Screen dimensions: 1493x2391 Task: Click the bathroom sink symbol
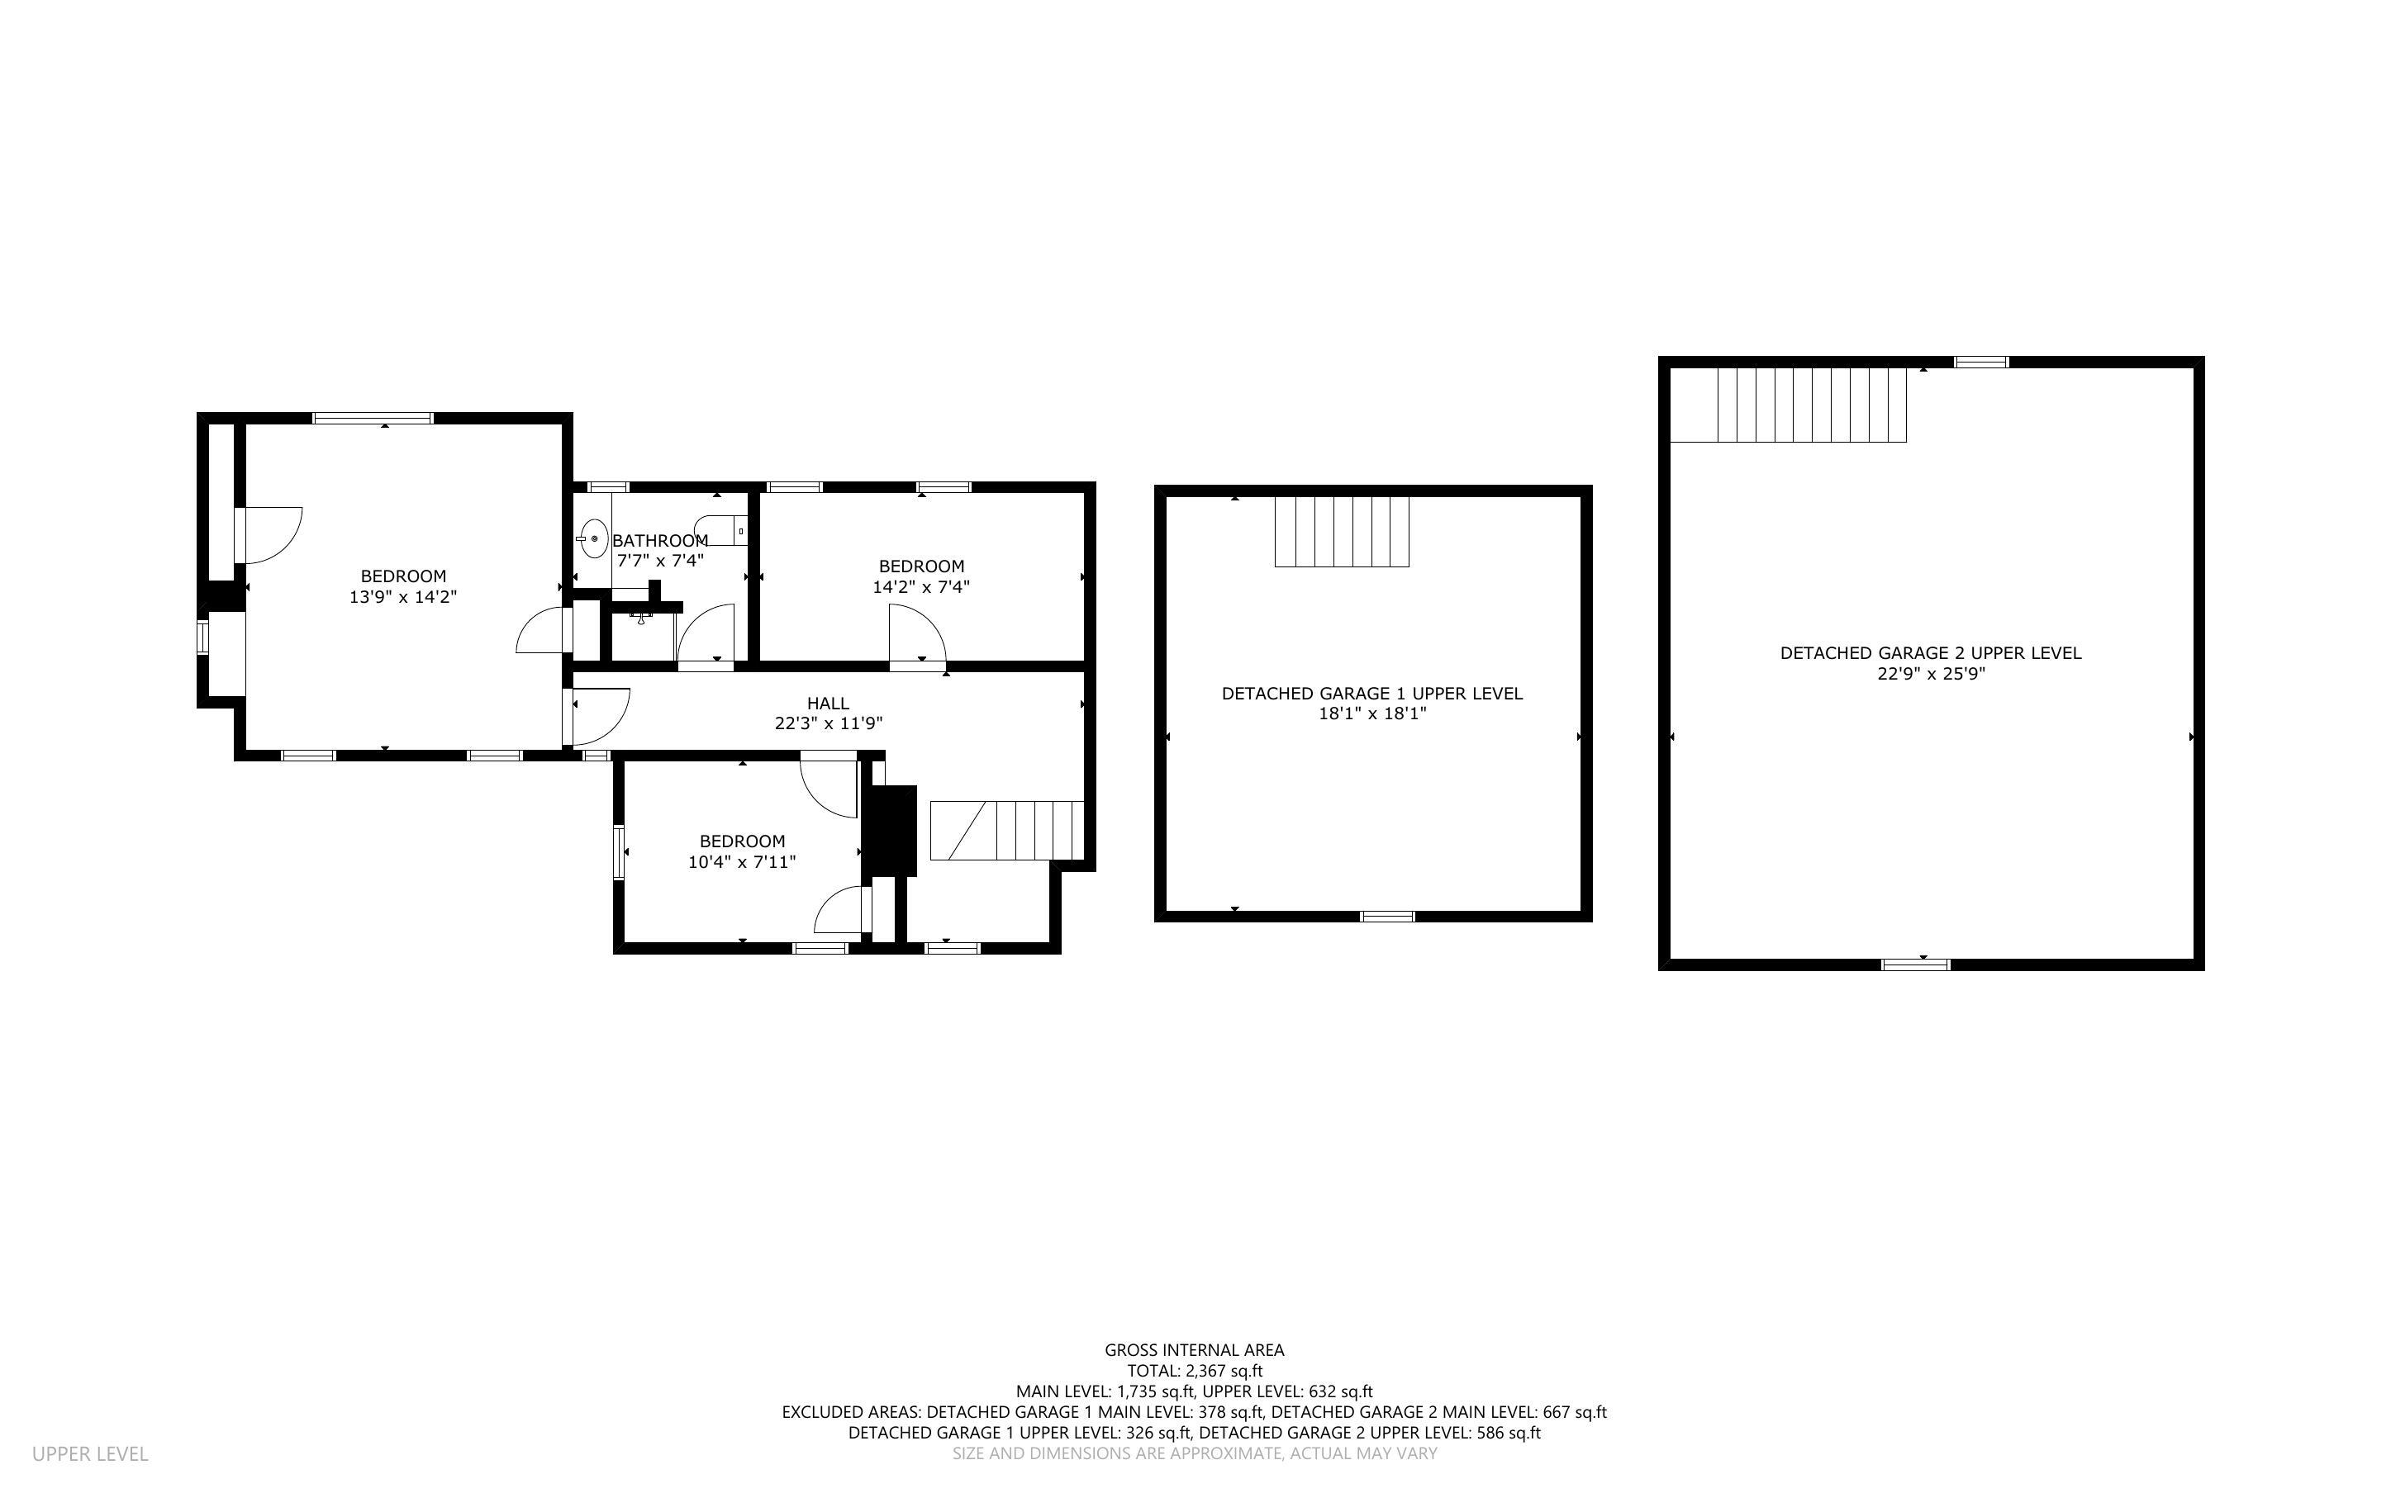(593, 538)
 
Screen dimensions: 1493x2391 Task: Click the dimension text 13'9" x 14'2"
(403, 597)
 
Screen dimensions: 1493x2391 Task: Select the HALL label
(828, 703)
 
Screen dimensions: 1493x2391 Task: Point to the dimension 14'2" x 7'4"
(920, 586)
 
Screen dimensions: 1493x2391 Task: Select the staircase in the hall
(1007, 831)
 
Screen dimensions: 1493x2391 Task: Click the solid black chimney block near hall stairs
(891, 829)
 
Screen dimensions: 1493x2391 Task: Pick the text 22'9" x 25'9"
(1931, 675)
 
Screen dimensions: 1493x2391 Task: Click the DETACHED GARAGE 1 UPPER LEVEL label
(1371, 693)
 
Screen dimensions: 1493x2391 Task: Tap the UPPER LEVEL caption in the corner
(90, 1453)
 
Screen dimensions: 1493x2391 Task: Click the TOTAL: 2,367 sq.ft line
(1195, 1371)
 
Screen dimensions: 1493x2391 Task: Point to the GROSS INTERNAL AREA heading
(1194, 1350)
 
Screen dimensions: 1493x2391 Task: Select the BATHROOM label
(660, 541)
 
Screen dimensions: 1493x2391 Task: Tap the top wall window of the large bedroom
(373, 418)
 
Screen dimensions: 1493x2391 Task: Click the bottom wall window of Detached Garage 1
(1386, 917)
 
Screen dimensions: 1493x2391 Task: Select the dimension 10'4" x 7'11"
(742, 862)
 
